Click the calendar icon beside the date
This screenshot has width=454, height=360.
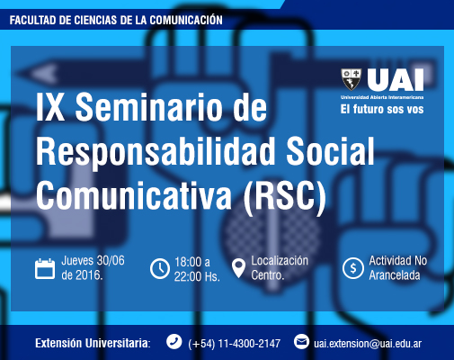pos(45,269)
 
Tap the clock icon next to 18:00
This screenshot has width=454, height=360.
pos(160,268)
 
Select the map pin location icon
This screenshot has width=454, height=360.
pos(238,268)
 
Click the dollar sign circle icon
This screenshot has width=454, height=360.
pos(353,268)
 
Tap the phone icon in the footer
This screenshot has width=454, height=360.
pos(174,342)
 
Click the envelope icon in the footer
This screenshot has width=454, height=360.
pos(301,342)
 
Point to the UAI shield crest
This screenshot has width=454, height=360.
pos(352,79)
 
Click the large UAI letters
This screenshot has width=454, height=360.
pos(396,80)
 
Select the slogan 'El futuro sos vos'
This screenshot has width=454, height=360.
pos(382,109)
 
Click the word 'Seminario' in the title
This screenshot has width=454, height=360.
pos(171,107)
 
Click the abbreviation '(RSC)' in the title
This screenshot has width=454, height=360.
pos(285,196)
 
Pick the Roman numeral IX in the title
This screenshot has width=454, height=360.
pos(50,107)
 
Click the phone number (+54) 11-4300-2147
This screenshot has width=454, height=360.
pos(235,344)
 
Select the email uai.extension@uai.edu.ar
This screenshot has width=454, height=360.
pos(368,344)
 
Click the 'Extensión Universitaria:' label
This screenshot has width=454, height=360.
pos(93,343)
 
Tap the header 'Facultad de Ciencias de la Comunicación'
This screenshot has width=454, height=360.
pos(116,20)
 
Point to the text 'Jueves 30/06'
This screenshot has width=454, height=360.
pos(93,261)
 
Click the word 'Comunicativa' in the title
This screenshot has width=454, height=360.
pos(134,196)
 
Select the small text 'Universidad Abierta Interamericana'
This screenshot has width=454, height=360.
pos(382,97)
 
